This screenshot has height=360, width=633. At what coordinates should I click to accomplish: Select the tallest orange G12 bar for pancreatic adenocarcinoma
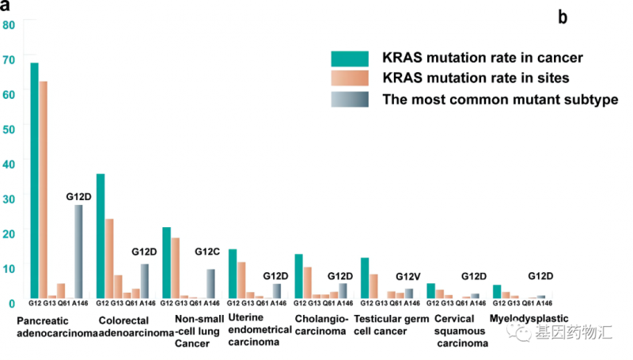click(43, 190)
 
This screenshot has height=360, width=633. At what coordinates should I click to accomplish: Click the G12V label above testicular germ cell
click(408, 276)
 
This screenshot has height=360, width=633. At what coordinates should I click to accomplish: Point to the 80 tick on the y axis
click(9, 25)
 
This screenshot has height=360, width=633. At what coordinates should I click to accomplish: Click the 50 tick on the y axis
click(9, 127)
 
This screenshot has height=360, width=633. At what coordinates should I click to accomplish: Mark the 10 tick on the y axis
click(9, 267)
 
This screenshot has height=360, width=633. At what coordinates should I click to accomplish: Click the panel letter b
click(563, 17)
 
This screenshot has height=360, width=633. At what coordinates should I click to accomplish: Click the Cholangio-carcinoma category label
click(320, 325)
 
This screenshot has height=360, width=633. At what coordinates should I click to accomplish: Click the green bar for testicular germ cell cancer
click(365, 278)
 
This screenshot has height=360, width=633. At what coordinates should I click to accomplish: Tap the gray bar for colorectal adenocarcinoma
click(144, 281)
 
